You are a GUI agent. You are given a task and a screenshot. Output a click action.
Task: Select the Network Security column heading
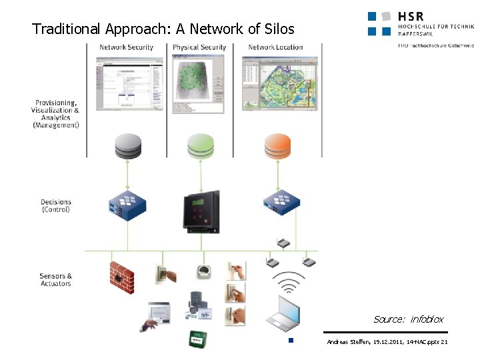click(x=126, y=47)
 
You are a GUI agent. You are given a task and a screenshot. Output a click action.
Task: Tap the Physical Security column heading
click(x=199, y=47)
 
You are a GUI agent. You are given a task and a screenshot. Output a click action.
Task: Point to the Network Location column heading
click(x=275, y=47)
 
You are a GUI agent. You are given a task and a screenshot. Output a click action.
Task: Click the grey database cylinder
click(x=128, y=146)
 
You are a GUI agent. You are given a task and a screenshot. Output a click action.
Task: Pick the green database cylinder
click(x=201, y=146)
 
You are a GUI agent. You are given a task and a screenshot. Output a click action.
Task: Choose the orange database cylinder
click(x=277, y=146)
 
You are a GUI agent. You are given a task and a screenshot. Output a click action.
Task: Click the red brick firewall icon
click(x=122, y=273)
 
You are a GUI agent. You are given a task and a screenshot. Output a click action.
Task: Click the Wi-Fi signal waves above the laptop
click(x=288, y=283)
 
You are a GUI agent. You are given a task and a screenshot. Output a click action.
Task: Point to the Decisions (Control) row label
click(x=55, y=205)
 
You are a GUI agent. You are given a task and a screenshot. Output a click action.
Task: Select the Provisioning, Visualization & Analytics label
click(x=55, y=114)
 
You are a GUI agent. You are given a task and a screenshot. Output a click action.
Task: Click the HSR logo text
click(x=410, y=16)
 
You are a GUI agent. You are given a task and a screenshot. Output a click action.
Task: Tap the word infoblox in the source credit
click(x=427, y=319)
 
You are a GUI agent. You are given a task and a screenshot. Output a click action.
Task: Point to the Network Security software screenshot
click(x=125, y=83)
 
